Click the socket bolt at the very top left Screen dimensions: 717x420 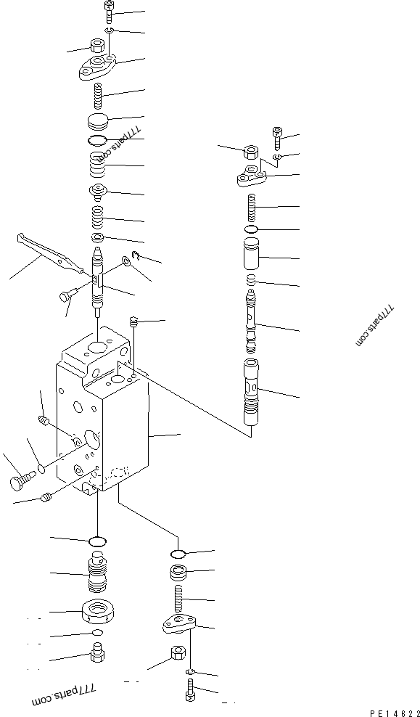pyautogui.click(x=108, y=10)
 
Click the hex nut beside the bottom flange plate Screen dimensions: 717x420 pyautogui.click(x=175, y=655)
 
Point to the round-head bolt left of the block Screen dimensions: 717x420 pyautogui.click(x=22, y=480)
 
